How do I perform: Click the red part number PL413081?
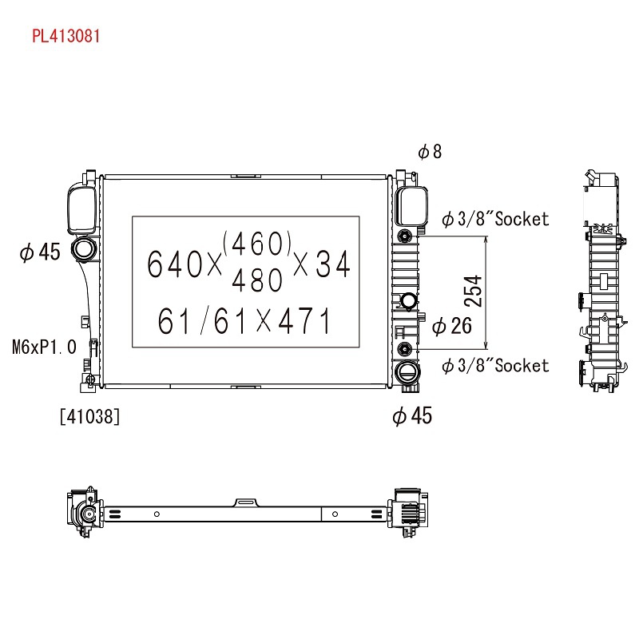(66, 36)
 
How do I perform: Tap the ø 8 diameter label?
(430, 152)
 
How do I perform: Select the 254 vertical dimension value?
(473, 291)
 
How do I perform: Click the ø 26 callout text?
(451, 326)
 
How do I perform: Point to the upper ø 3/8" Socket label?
(495, 219)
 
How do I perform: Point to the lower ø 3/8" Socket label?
(495, 366)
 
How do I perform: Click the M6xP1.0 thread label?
(44, 347)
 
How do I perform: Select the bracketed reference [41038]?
(89, 416)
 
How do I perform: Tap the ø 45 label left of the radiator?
(40, 252)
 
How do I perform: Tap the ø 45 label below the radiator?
(412, 415)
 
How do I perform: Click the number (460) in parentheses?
(257, 244)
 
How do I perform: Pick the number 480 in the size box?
(257, 280)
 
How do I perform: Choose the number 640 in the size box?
(174, 264)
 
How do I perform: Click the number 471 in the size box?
(304, 321)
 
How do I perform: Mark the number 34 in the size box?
(333, 264)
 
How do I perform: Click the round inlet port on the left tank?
(84, 248)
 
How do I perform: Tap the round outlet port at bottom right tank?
(407, 372)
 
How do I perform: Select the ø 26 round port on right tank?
(409, 301)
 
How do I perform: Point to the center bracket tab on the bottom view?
(245, 502)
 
